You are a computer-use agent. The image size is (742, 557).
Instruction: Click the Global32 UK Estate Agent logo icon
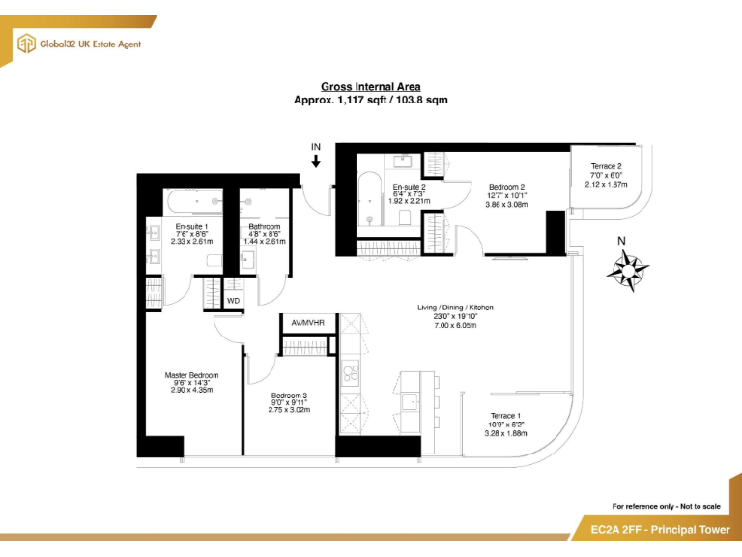(26, 43)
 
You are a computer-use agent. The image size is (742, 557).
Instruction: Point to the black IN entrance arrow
(316, 160)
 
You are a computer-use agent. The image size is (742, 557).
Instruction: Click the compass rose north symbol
(627, 268)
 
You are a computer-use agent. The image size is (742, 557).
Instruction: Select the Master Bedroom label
(191, 375)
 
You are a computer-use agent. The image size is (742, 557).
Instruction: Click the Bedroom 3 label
(289, 396)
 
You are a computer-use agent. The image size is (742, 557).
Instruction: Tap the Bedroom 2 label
(506, 187)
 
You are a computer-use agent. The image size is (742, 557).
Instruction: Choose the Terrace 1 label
(505, 416)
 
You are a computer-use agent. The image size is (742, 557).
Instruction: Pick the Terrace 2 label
(606, 166)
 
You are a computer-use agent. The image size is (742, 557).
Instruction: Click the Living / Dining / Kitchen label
(455, 308)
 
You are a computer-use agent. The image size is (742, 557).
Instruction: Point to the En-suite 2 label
(410, 187)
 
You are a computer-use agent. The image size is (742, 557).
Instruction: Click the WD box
(233, 301)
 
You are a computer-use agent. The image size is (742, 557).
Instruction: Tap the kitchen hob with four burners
(350, 370)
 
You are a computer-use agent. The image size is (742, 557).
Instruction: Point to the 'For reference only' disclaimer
(666, 506)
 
